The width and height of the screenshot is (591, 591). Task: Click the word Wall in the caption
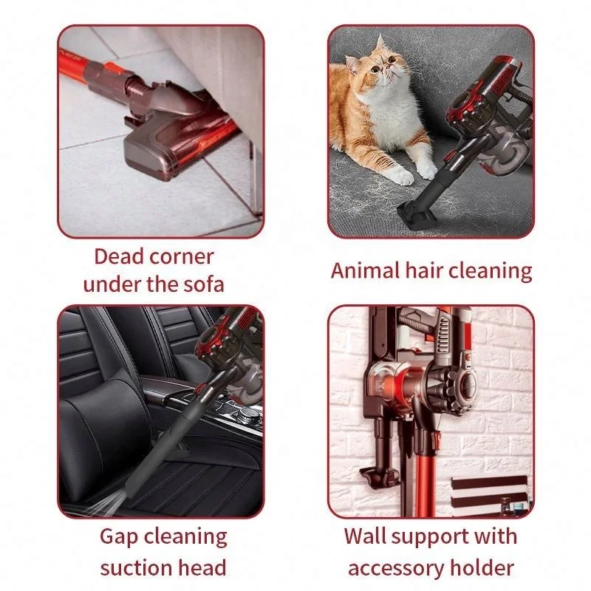point(368,536)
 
